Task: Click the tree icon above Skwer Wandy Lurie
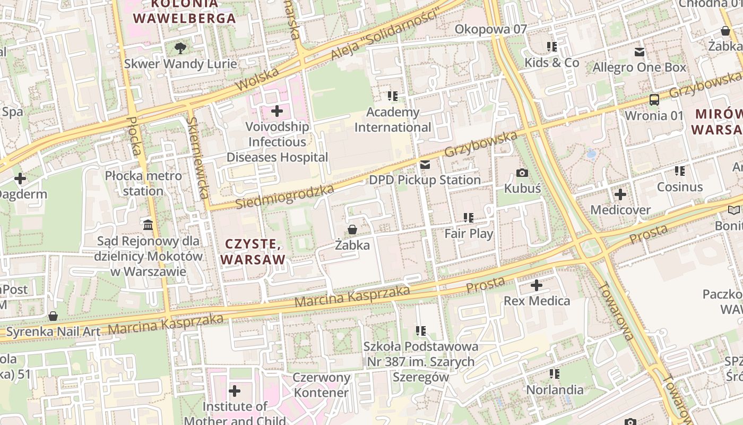(x=180, y=48)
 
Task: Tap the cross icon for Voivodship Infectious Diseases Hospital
(x=277, y=111)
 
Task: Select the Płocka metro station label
(x=143, y=183)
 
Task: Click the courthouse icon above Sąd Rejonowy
(x=148, y=225)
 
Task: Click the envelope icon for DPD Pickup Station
(x=425, y=165)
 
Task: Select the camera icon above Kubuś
(x=522, y=173)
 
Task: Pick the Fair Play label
(x=469, y=233)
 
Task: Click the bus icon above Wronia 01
(x=654, y=100)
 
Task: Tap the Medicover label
(x=620, y=210)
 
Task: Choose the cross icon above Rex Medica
(x=537, y=285)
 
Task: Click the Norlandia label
(x=555, y=389)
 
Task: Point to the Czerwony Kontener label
(x=322, y=385)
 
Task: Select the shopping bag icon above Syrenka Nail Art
(x=53, y=316)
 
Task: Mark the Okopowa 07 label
(x=491, y=29)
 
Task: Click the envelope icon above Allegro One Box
(x=640, y=52)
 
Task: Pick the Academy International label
(x=393, y=120)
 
